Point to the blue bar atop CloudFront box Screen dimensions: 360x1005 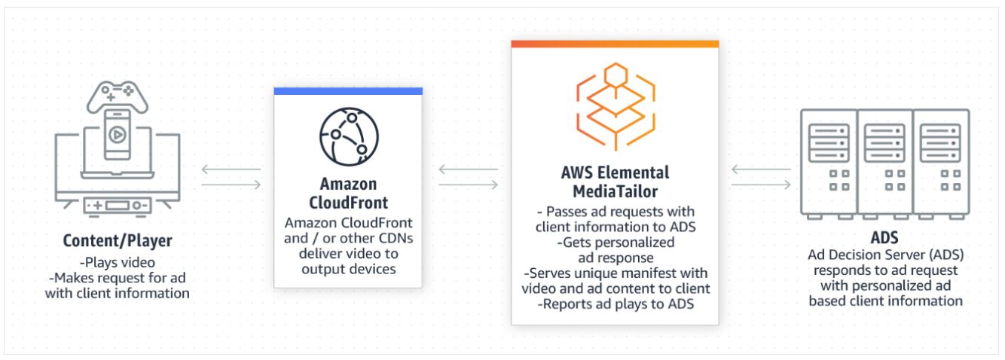pos(347,91)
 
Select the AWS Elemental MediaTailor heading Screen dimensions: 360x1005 pos(615,181)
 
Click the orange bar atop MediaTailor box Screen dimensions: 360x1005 pos(615,44)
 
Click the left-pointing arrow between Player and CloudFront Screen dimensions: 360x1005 pos(231,170)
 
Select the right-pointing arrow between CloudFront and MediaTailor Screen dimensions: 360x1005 pos(468,185)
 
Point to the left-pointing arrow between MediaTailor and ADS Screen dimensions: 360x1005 pos(760,170)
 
